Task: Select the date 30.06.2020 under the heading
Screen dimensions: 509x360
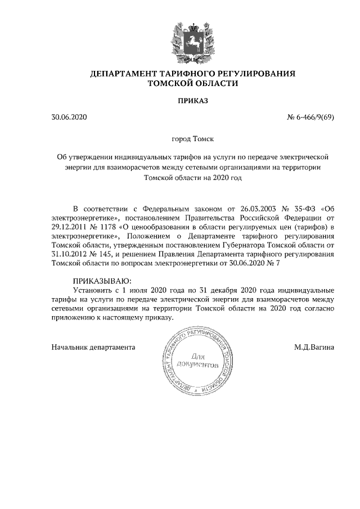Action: point(69,118)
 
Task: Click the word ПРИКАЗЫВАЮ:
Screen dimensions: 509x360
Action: point(102,280)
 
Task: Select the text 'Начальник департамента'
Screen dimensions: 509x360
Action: point(93,347)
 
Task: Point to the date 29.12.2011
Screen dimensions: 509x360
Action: point(69,227)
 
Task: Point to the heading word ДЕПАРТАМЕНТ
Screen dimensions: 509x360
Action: point(123,74)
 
